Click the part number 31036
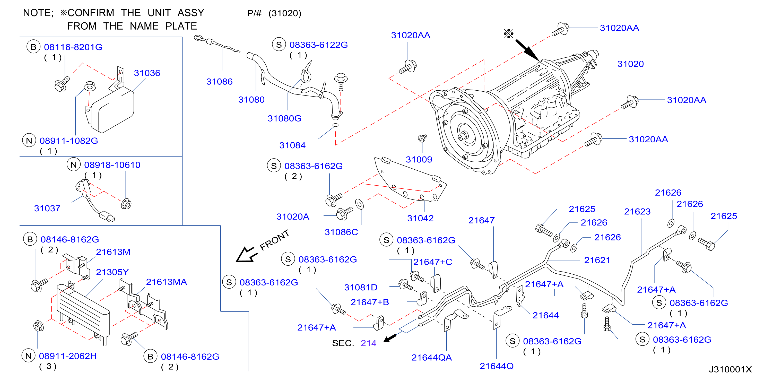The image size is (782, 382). click(x=147, y=73)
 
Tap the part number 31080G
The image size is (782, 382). click(x=284, y=118)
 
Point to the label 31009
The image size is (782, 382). click(x=419, y=159)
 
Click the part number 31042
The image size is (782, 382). click(x=420, y=218)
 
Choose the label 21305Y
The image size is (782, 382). click(x=112, y=272)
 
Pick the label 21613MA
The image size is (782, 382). click(x=166, y=282)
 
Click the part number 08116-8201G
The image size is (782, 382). click(x=73, y=47)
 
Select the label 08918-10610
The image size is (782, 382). click(x=112, y=165)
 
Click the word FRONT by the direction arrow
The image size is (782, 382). click(x=274, y=240)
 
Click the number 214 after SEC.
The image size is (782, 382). click(x=369, y=343)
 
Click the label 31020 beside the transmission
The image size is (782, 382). click(x=631, y=64)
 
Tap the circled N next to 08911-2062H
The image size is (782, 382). click(x=29, y=356)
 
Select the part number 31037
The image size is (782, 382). click(x=47, y=208)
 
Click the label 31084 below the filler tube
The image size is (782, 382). click(x=292, y=145)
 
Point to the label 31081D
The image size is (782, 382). click(x=361, y=287)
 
